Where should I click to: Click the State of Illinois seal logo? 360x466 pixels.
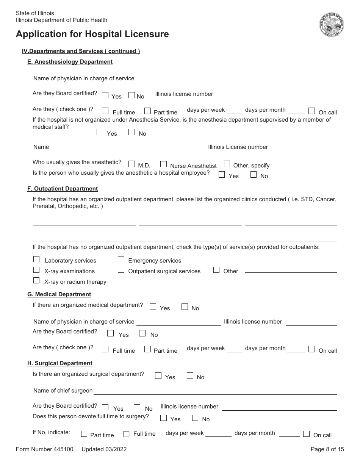332,25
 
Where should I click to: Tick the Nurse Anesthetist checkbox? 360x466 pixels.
163,164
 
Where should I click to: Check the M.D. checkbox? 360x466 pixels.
131,164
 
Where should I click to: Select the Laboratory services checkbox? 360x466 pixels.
36,259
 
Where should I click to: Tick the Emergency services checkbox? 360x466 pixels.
121,259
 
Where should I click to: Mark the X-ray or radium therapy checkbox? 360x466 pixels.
36,280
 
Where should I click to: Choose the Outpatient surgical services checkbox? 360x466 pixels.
121,270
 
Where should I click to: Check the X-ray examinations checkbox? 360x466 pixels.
36,270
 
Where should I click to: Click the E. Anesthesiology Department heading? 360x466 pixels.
70,62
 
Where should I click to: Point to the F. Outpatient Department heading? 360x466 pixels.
63,189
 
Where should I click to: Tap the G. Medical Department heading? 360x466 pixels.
59,294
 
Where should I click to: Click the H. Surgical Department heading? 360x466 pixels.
60,363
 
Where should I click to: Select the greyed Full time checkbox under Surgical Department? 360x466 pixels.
126,434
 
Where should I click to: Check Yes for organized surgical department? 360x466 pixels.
158,376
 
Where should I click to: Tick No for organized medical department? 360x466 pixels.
185,307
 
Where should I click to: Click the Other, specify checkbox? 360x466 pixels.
227,164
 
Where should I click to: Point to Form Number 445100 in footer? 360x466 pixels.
44,449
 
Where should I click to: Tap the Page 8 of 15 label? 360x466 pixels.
327,449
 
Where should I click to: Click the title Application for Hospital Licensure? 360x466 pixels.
92,34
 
